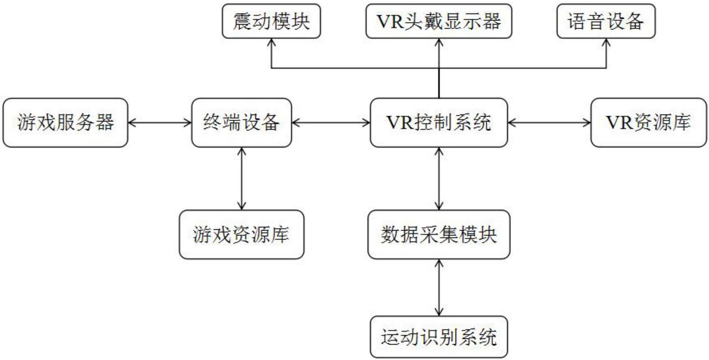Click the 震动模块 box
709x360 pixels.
pos(271,21)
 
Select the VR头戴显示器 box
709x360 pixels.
pos(438,21)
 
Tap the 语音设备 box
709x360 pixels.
pos(606,21)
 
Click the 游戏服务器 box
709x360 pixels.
pos(65,123)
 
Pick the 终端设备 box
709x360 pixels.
pos(241,123)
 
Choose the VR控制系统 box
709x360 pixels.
pos(439,123)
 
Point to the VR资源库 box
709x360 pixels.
pos(648,123)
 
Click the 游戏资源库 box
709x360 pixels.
pos(241,234)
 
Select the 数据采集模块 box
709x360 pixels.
pos(439,234)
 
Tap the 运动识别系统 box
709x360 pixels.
pos(439,337)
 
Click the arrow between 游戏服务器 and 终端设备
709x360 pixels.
pos(160,123)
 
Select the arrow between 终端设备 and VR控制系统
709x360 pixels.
pos(331,123)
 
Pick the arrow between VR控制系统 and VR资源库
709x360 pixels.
pos(549,123)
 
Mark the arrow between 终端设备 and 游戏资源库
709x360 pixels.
pos(241,178)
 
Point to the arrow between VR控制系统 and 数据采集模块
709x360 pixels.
pos(439,178)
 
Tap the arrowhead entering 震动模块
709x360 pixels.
pos(271,42)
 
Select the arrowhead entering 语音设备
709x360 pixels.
pos(606,42)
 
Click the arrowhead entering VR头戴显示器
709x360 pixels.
pos(439,42)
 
